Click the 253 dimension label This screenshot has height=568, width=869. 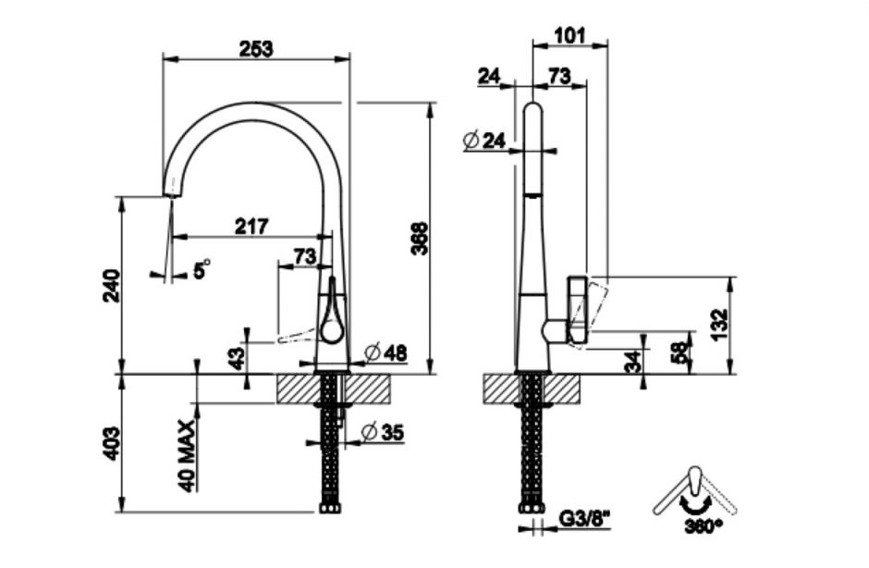click(256, 49)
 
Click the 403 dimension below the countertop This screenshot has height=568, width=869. click(111, 444)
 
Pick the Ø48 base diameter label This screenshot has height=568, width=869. click(386, 352)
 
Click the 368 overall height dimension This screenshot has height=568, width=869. click(421, 239)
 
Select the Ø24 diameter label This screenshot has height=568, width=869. click(483, 141)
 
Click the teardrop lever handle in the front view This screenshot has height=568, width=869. click(331, 312)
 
